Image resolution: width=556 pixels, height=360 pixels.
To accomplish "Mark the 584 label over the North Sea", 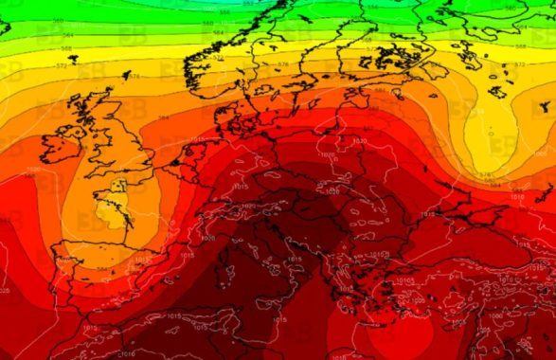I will [x=164, y=117].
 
